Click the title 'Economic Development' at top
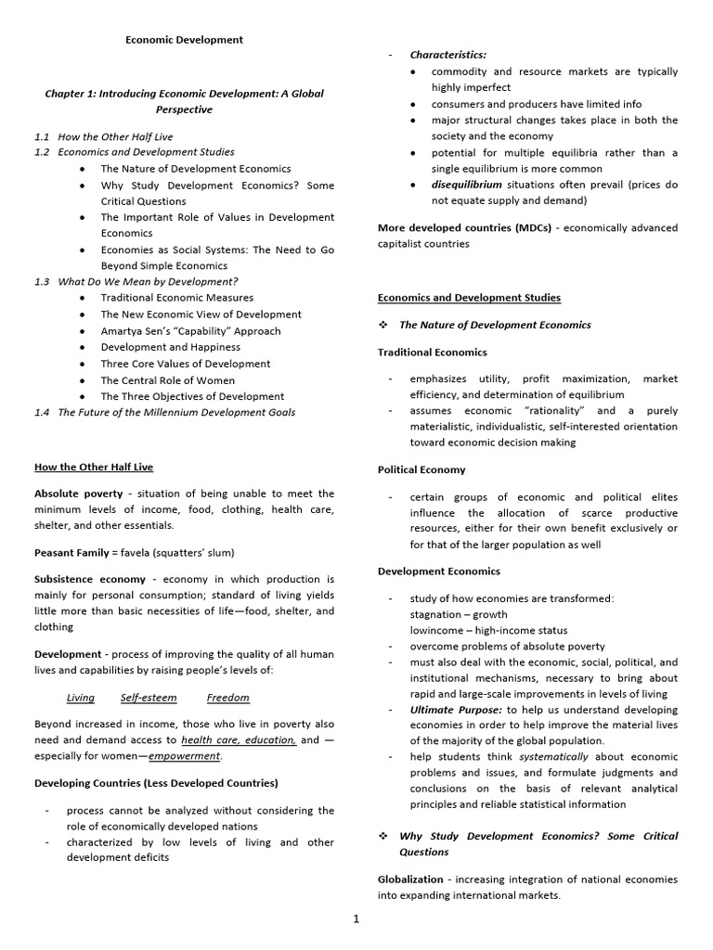pos(184,40)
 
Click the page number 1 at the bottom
pos(356,919)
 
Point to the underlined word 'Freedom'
pos(227,698)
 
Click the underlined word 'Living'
pos(81,698)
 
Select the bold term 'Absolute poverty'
pos(78,494)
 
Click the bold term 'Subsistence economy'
pos(90,579)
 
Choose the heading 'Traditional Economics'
pos(432,353)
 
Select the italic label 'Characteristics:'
pos(448,55)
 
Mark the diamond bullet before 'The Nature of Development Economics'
pos(382,325)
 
